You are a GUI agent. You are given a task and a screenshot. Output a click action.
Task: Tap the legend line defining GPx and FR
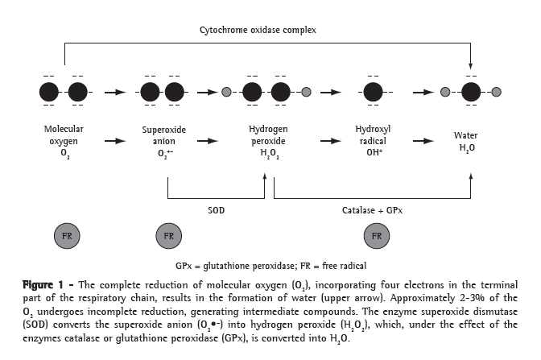(x=270, y=265)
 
